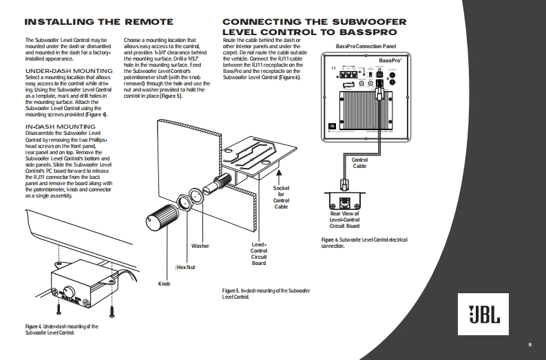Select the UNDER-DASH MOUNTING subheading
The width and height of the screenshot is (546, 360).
coord(68,70)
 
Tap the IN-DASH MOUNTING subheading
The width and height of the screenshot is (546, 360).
coord(60,127)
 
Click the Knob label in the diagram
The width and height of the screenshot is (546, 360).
coord(164,283)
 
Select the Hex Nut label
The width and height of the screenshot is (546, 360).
coord(186,267)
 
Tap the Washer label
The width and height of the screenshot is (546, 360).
coord(200,246)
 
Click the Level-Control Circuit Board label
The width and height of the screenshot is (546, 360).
coord(258,253)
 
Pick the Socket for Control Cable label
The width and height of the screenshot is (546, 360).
coord(281,197)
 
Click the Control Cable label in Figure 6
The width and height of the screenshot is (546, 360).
coord(359,163)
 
